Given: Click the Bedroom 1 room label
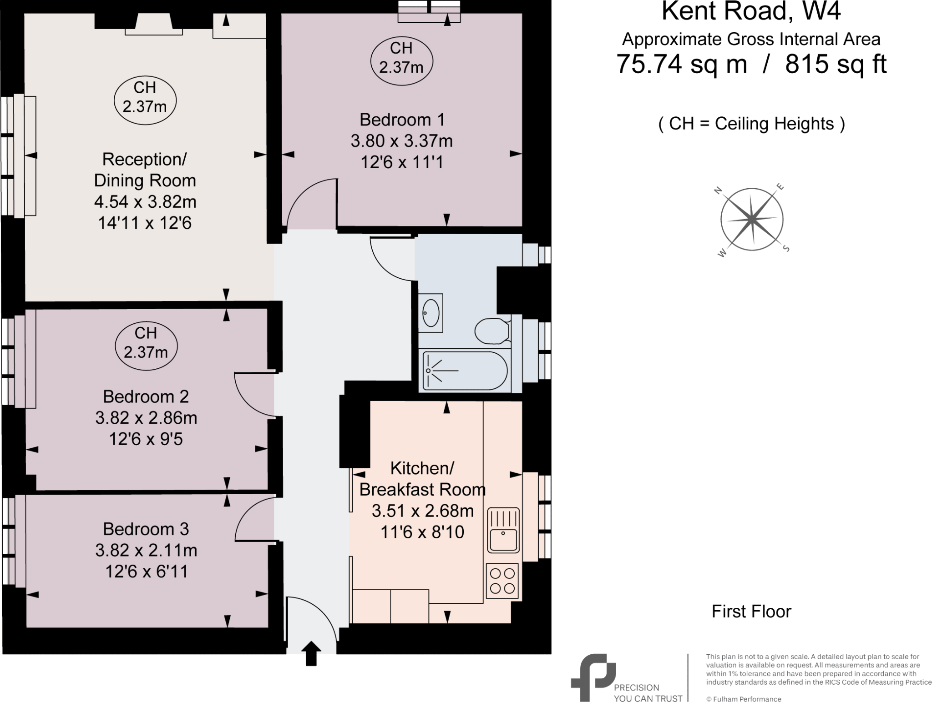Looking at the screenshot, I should pyautogui.click(x=402, y=120).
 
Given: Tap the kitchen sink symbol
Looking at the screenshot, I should pyautogui.click(x=503, y=530).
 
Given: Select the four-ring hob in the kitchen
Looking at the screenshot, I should pyautogui.click(x=503, y=581).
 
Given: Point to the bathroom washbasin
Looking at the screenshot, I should pyautogui.click(x=431, y=313).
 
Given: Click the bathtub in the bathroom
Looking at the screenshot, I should pyautogui.click(x=464, y=371).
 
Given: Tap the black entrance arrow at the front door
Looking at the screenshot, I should pyautogui.click(x=311, y=654).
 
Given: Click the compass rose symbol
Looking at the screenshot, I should pyautogui.click(x=752, y=220).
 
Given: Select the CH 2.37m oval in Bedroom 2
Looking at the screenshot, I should pyautogui.click(x=146, y=343).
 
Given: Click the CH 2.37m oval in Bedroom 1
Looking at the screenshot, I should pyautogui.click(x=401, y=58).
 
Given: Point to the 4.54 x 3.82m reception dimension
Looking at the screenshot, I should pyautogui.click(x=145, y=201).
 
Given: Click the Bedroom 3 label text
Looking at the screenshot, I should pyautogui.click(x=145, y=529).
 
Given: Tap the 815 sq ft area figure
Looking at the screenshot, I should pyautogui.click(x=836, y=64).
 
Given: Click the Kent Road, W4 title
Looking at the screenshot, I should pyautogui.click(x=751, y=12).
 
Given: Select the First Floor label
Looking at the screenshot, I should pyautogui.click(x=751, y=612).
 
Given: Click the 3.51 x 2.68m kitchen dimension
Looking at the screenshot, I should pyautogui.click(x=422, y=511).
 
